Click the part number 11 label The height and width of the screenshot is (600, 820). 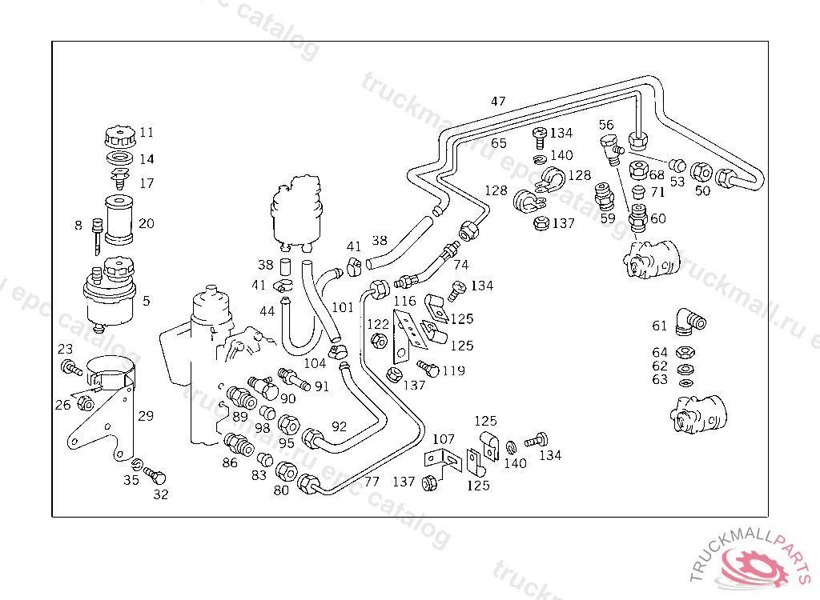pos(147,133)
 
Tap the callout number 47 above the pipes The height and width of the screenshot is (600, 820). pos(498,102)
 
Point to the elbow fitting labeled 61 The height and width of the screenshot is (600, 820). pos(688,321)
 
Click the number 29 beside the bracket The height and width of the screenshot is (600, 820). pos(145,416)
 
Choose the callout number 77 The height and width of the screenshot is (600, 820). pos(372,482)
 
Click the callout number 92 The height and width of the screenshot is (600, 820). pos(340,426)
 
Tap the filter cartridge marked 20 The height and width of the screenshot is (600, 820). pos(119,218)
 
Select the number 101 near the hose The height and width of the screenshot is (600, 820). pos(343,307)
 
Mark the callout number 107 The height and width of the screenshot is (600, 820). pos(444,439)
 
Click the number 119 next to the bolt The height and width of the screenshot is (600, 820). pos(453,371)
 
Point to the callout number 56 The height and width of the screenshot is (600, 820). pos(606,125)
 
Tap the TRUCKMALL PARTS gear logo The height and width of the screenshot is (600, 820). pos(754,566)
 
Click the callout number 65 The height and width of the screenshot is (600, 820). pos(499,144)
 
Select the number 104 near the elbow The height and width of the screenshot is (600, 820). pos(315,363)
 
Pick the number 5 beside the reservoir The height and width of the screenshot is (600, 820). pos(146,302)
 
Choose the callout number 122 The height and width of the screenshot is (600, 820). pos(377,324)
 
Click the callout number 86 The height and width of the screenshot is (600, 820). pos(230,462)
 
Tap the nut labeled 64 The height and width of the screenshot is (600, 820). pos(685,352)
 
